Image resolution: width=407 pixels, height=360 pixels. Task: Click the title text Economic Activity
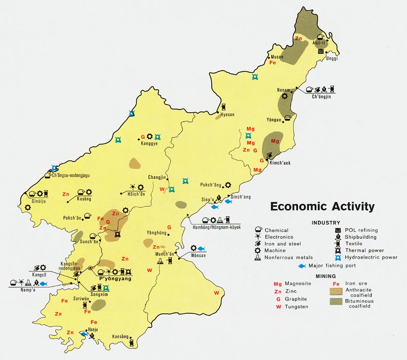point(322,207)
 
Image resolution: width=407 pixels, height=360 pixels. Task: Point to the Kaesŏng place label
point(121,337)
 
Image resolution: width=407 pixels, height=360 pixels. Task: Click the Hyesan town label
point(227,115)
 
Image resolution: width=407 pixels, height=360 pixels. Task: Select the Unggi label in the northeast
point(331,58)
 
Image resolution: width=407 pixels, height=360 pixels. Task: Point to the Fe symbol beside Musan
point(273,62)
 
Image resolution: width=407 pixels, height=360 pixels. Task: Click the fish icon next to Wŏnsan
point(201,248)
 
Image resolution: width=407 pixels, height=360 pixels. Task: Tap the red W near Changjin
point(162,189)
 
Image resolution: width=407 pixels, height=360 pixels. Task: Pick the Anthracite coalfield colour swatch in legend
point(337,291)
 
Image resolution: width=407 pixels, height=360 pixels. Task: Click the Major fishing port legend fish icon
point(302,266)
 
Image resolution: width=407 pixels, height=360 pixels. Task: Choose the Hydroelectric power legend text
point(371,257)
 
